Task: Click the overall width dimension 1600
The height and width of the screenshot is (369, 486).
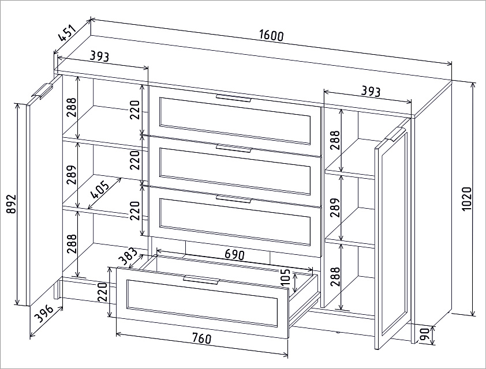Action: pos(271,36)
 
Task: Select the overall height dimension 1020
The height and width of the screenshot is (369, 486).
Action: pos(466,199)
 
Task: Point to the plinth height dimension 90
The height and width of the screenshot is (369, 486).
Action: pos(426,335)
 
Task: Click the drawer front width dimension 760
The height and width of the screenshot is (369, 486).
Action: pos(201,338)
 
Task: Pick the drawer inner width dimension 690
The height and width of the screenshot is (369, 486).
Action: pos(234,254)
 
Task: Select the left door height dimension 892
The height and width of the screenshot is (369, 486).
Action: pos(11,204)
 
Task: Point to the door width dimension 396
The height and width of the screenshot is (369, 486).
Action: pos(44,313)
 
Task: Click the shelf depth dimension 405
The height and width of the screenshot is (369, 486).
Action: pos(100,190)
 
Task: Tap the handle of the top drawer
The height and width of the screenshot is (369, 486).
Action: pos(233,98)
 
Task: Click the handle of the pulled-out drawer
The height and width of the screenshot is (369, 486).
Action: pos(201,280)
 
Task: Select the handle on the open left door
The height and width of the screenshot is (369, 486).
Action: pos(42,91)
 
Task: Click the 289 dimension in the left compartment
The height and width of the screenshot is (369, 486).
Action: pos(72,175)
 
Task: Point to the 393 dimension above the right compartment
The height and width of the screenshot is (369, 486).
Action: pos(371,91)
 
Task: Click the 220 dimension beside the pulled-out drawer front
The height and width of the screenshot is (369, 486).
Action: pos(103,292)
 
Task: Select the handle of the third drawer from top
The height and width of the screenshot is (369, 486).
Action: pos(233,199)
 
